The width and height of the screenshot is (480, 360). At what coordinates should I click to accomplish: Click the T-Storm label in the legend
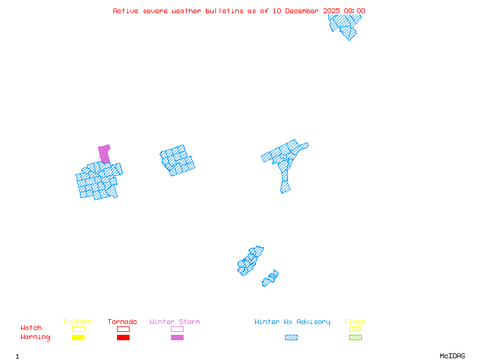click(77, 322)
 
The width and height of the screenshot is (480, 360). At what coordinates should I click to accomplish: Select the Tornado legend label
click(122, 322)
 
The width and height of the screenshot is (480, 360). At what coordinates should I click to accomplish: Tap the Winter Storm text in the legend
click(175, 322)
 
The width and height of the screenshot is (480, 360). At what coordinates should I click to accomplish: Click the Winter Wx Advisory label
click(292, 322)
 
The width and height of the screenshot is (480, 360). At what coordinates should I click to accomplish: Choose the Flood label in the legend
click(355, 322)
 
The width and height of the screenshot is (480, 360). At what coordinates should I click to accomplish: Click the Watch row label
click(31, 328)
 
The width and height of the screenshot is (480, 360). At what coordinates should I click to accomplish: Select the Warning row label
click(35, 337)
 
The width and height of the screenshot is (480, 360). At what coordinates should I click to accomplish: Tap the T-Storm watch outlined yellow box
click(78, 329)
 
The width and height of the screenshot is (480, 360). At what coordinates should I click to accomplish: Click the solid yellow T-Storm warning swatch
click(78, 338)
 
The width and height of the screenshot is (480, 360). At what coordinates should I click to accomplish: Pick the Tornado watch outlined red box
click(123, 329)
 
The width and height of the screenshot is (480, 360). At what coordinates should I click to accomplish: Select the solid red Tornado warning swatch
click(123, 338)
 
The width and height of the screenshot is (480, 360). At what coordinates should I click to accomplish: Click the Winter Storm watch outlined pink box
click(177, 329)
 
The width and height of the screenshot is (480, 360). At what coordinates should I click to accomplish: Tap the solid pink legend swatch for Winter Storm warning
click(177, 338)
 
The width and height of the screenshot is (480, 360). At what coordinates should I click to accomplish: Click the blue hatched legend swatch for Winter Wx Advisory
click(291, 338)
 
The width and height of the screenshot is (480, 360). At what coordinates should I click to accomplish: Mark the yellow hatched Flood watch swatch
click(355, 329)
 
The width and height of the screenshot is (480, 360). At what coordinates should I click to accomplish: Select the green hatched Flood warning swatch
click(355, 338)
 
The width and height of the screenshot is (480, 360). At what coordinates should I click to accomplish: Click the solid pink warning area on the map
click(104, 153)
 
